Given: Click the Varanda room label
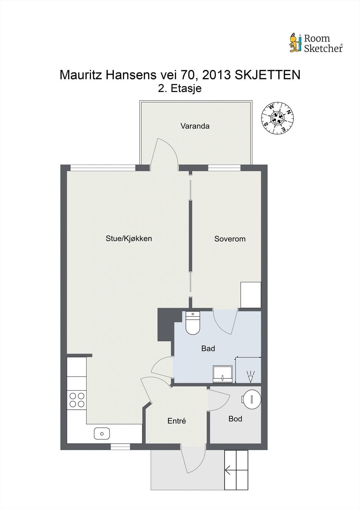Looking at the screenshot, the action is point(195,126).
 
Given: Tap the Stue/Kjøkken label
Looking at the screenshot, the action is point(129,238).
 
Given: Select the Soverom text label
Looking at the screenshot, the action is point(230,239).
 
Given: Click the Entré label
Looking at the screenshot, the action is point(177,421).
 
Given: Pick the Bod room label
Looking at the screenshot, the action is point(235,419).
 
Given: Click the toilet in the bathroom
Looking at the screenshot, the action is point(193,323).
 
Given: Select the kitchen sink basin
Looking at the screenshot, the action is point(102,434).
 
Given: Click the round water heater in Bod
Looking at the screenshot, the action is point(251,399).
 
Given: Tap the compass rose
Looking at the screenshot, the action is point(277,118).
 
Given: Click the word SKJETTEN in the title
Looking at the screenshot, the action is point(267,75).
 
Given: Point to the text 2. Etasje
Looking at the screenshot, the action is point(180,88).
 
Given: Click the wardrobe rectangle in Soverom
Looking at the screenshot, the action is point(251,295).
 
